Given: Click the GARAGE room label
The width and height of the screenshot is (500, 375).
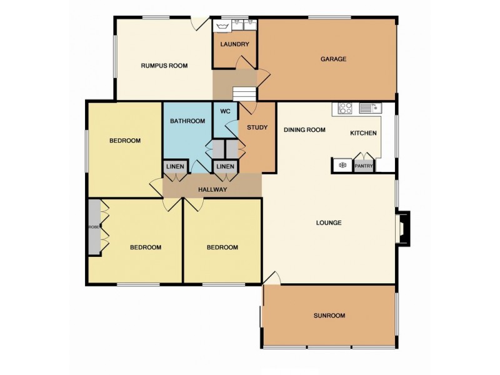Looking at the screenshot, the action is pyautogui.click(x=333, y=59).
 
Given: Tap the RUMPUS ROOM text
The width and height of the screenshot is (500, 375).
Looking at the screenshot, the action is pyautogui.click(x=164, y=66).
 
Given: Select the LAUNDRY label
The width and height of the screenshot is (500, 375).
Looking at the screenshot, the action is pyautogui.click(x=234, y=44).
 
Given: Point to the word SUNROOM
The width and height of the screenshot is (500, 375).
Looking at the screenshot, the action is pyautogui.click(x=329, y=316).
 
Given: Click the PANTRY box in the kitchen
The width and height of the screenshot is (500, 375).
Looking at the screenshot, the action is pyautogui.click(x=364, y=166).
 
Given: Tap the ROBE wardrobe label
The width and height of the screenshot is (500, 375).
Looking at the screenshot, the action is pyautogui.click(x=94, y=227).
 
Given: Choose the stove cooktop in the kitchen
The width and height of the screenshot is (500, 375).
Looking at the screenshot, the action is pyautogui.click(x=345, y=107).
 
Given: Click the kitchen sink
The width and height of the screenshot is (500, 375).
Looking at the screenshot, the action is pyautogui.click(x=371, y=107).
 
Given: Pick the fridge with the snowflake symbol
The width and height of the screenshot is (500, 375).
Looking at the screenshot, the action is pyautogui.click(x=342, y=166).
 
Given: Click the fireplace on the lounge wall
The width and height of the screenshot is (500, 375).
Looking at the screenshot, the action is pyautogui.click(x=402, y=228).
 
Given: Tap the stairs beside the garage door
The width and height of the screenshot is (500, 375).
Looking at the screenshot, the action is pyautogui.click(x=244, y=93).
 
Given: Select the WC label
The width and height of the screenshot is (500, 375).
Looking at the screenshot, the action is pyautogui.click(x=226, y=112).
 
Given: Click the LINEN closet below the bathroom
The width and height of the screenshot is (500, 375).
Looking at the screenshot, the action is pyautogui.click(x=175, y=166).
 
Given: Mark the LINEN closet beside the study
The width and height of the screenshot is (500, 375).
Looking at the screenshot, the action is pyautogui.click(x=226, y=166).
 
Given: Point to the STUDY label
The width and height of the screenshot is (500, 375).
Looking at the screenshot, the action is pyautogui.click(x=257, y=127).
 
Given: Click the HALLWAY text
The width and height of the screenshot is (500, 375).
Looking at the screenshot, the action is pyautogui.click(x=212, y=190).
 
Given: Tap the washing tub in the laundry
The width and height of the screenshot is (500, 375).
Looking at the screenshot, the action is pyautogui.click(x=222, y=26).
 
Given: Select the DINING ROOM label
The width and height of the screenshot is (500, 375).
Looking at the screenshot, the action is pyautogui.click(x=304, y=130).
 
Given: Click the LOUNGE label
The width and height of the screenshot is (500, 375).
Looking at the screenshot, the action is pyautogui.click(x=329, y=222).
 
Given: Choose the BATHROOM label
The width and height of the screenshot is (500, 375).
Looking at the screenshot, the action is pyautogui.click(x=187, y=121).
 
